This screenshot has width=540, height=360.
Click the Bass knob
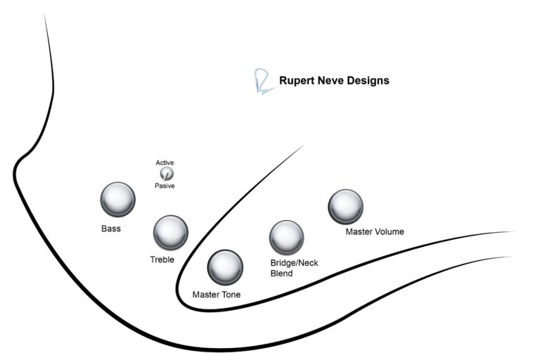click(x=117, y=199)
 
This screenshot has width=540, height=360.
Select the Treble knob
click(x=170, y=232)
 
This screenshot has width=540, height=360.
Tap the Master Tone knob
click(x=225, y=266)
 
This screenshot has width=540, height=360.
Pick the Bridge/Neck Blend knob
click(x=286, y=237)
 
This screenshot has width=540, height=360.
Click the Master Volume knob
click(x=345, y=206)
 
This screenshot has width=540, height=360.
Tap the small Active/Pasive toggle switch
click(x=166, y=174)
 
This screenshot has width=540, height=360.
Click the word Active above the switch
click(x=165, y=163)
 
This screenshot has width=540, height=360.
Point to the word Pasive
click(x=165, y=186)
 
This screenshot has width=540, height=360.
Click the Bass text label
click(x=111, y=229)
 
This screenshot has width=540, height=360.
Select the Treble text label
click(x=162, y=259)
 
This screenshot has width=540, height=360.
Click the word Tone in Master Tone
click(x=230, y=295)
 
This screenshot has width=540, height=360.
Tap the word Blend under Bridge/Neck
click(x=282, y=274)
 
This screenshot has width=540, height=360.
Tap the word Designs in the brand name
click(x=370, y=81)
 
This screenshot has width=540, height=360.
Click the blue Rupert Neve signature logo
click(x=261, y=82)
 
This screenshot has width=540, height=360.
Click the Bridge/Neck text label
click(x=295, y=263)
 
